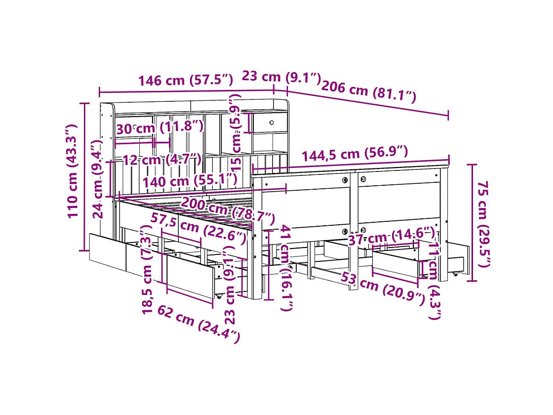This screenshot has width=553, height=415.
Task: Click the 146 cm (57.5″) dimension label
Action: click(185, 80)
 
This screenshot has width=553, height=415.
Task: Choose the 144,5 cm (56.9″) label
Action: click(355, 154)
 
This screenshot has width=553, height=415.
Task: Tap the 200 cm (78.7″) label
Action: click(227, 209)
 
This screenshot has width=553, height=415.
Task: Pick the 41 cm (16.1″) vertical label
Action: click(285, 267)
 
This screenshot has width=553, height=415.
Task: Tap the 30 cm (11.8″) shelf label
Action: click(160, 127)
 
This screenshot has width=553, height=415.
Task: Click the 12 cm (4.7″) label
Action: click(161, 160)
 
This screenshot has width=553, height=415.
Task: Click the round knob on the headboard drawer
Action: click(272, 122)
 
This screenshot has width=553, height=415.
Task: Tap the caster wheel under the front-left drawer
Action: click(217, 296)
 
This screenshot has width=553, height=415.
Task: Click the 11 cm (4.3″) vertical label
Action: click(433, 280)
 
